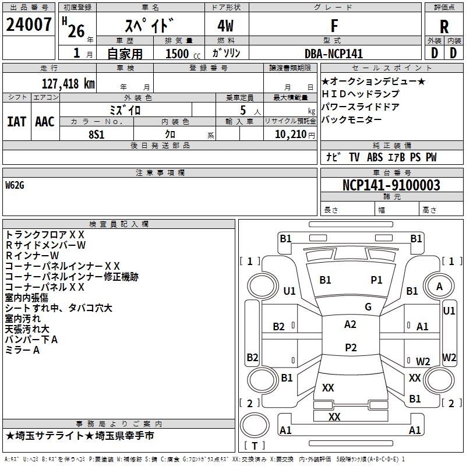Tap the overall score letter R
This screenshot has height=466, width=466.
click(x=444, y=27)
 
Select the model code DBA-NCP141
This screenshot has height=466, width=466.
click(x=334, y=54)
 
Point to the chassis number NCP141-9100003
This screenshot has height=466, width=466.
click(x=391, y=185)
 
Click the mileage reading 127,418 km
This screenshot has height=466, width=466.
click(x=68, y=83)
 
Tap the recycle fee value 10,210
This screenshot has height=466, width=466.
click(x=290, y=134)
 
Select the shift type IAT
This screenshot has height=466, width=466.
click(x=17, y=121)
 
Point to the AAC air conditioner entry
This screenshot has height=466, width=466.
click(x=45, y=121)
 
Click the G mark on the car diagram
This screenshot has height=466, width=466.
click(x=368, y=307)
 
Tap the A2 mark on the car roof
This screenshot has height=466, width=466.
click(x=350, y=324)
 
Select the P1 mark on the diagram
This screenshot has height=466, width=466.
click(x=376, y=280)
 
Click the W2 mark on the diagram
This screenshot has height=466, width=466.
click(x=423, y=361)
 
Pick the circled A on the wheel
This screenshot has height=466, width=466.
click(x=439, y=286)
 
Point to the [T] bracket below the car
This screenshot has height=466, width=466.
click(x=254, y=446)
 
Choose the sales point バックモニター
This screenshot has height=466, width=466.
click(x=351, y=119)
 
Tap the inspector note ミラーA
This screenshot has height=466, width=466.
click(x=22, y=349)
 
